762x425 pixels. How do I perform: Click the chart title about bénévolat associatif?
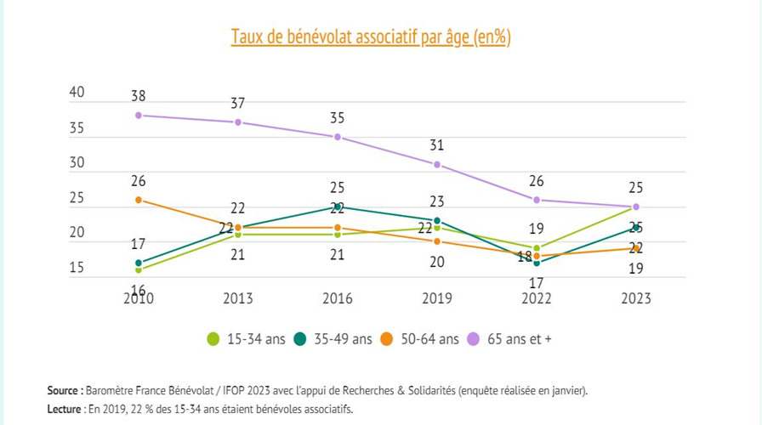point(370,37)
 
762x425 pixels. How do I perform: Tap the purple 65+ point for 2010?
point(138,115)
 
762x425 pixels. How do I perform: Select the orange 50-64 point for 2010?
point(138,200)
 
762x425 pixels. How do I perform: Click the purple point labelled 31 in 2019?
point(437,164)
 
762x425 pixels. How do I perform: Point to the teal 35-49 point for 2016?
point(338,207)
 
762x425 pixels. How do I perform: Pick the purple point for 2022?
point(537,200)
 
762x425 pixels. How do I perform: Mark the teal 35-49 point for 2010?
point(138,263)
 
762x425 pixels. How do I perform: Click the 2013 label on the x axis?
point(237,298)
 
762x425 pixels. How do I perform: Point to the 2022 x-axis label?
point(537,298)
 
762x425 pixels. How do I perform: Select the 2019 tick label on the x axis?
point(437,298)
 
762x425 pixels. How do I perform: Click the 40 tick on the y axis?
point(77,93)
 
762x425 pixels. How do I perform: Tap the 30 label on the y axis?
point(77,163)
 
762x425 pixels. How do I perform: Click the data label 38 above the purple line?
point(138,96)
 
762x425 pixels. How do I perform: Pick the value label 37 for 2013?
point(237,104)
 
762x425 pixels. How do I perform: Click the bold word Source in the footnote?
point(64,390)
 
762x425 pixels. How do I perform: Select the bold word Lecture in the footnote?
point(64,408)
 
